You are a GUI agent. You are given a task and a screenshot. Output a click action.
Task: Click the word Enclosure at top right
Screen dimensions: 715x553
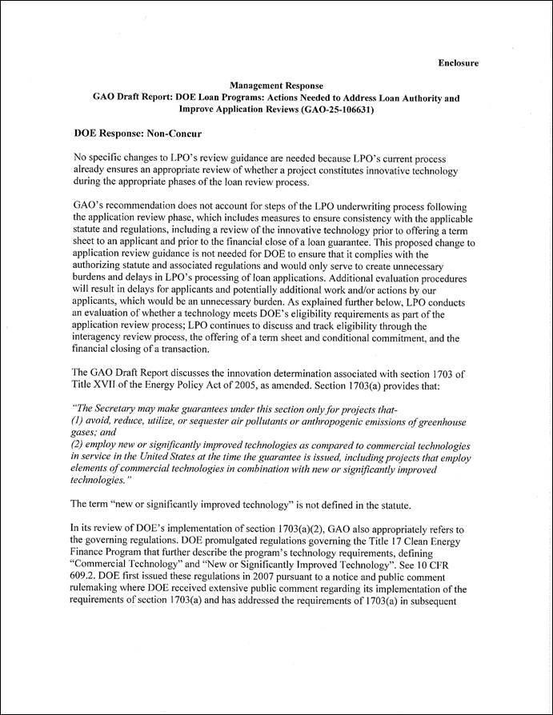458,62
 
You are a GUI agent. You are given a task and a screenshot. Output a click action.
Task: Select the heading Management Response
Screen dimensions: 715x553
277,85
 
